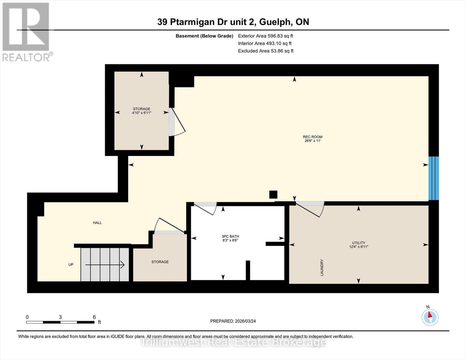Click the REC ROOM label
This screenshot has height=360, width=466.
point(312,137)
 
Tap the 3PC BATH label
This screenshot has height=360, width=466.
point(230,236)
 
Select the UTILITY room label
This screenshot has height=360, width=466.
point(359,243)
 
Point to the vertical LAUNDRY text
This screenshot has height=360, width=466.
point(322,267)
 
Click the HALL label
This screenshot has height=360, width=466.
point(97,223)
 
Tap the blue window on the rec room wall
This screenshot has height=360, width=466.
point(434,178)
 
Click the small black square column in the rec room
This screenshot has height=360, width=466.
point(273,194)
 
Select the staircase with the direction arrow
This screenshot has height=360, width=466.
point(105,265)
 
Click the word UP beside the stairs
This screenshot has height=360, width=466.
point(71,265)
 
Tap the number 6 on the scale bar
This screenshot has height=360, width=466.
point(94,317)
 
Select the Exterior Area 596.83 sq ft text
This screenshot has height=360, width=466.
point(266,36)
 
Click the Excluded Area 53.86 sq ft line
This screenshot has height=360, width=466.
point(266,51)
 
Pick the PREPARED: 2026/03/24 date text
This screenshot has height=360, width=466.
point(233,321)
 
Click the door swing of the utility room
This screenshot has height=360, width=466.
point(310,209)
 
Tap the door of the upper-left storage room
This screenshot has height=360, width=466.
point(177,122)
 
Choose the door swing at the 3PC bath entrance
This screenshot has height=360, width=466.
point(206,208)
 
